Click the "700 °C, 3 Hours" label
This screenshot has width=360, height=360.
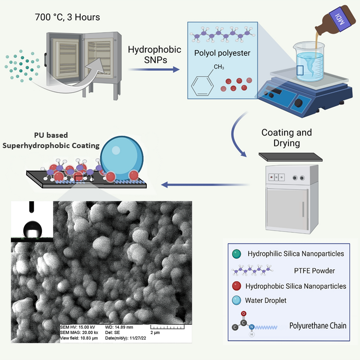click(67, 17)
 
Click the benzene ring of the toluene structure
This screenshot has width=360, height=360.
click(202, 85)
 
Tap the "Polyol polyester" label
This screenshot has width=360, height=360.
click(222, 53)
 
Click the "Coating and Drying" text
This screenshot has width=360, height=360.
click(286, 138)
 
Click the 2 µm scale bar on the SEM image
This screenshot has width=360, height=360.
click(167, 328)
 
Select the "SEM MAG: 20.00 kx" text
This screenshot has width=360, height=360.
click(79, 332)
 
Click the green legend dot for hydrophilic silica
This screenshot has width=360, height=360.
click(236, 254)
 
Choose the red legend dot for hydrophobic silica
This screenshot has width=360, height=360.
click(236, 286)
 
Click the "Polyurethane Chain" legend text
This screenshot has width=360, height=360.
click(318, 326)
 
